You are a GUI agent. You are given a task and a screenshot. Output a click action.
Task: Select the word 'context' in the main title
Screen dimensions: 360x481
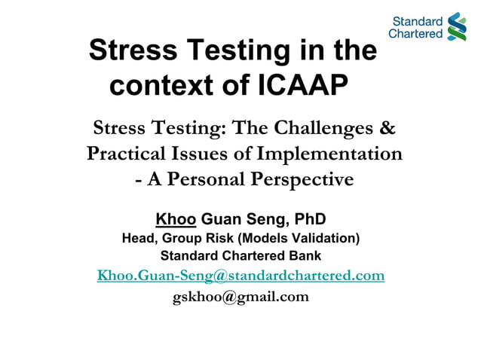click(158, 84)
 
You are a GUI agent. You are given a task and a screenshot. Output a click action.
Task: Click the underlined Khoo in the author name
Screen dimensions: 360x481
click(176, 219)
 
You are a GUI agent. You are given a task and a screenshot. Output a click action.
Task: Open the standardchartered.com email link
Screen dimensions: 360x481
click(240, 276)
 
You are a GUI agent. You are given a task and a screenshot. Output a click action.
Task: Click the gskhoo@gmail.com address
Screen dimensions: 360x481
click(240, 296)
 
